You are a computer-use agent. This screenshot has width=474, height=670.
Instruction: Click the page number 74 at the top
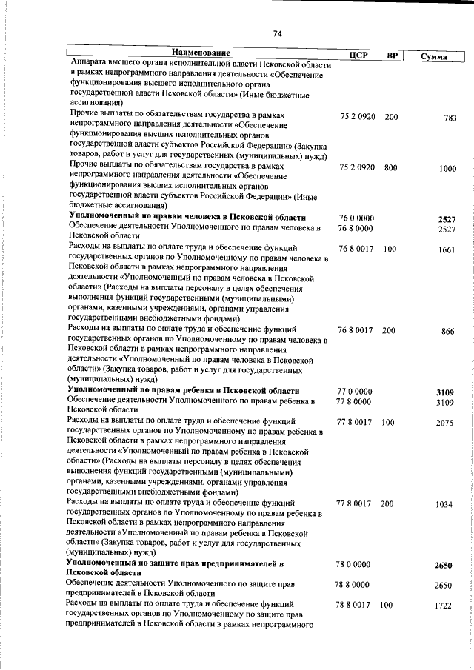point(277,33)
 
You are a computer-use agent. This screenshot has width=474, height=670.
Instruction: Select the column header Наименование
point(201,53)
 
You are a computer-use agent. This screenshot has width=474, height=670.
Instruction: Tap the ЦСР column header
point(358,56)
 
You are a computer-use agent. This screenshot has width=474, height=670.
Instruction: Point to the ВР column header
point(393,56)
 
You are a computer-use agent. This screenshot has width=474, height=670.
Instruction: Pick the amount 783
point(448,118)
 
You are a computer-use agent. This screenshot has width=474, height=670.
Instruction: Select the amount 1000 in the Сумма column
point(447,169)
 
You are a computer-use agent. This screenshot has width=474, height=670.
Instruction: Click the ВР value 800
point(391,168)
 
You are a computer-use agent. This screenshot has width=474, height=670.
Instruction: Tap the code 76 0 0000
point(355,218)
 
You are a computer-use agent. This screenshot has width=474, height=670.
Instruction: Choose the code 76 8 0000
point(355,230)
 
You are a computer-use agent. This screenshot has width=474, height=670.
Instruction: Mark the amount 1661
point(445,250)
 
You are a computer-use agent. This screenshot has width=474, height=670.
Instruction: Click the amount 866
point(447,331)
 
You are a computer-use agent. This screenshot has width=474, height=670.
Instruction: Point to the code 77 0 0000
point(355,391)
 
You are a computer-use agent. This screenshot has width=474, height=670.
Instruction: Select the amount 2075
point(445,423)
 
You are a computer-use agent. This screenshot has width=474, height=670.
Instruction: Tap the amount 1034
point(444,504)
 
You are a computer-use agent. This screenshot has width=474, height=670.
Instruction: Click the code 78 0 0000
point(353,565)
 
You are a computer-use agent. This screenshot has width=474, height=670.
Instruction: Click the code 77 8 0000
point(355,402)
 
